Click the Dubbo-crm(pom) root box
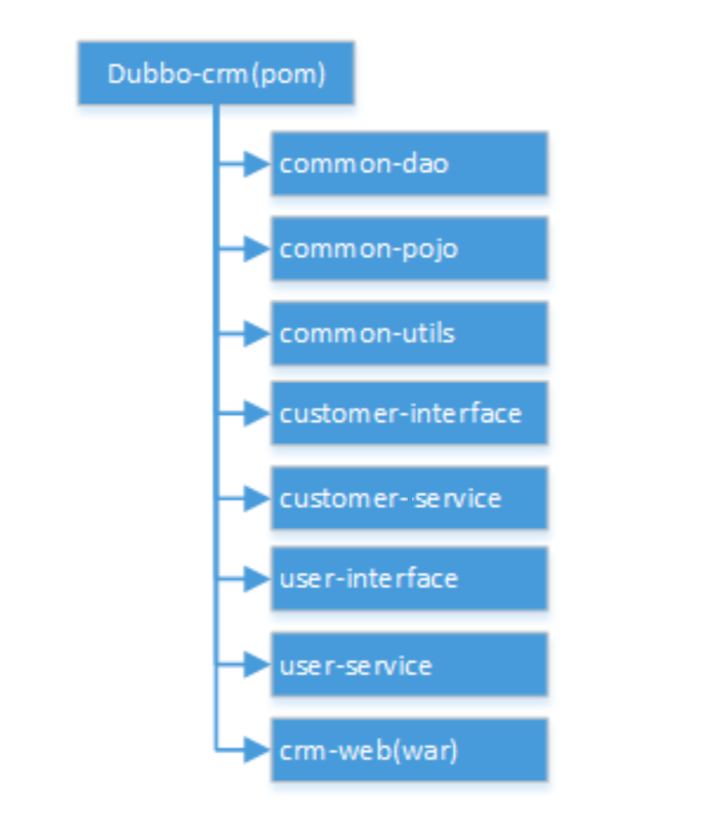coord(216,74)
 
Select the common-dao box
coord(409,163)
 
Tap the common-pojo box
coord(409,248)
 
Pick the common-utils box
coord(409,333)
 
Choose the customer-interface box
coord(409,413)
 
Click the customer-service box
coord(409,498)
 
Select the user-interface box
coord(409,579)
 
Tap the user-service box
coord(409,665)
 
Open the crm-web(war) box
coord(409,750)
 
